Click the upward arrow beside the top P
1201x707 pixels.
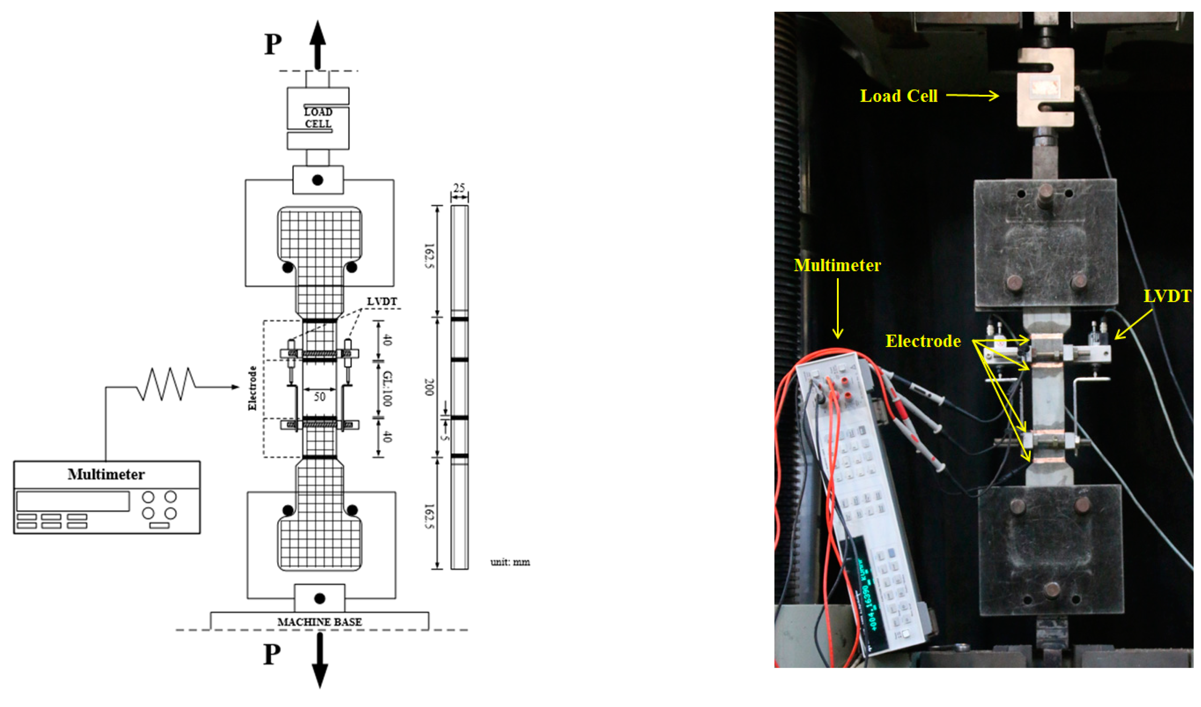point(317,45)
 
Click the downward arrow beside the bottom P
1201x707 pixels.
point(319,660)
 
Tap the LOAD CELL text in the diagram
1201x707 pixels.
point(318,118)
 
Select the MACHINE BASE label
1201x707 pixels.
point(319,622)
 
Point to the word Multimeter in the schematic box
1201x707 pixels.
point(106,474)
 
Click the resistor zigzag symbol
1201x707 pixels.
point(166,384)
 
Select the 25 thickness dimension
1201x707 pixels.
point(459,188)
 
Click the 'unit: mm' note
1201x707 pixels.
point(510,562)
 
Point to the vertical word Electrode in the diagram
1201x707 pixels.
point(252,388)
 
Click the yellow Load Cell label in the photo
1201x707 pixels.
point(898,96)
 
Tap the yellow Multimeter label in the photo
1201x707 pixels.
point(837,266)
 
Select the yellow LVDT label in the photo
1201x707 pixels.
point(1167,297)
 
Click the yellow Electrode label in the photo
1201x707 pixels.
point(923,341)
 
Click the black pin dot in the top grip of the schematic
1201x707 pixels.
point(317,180)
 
